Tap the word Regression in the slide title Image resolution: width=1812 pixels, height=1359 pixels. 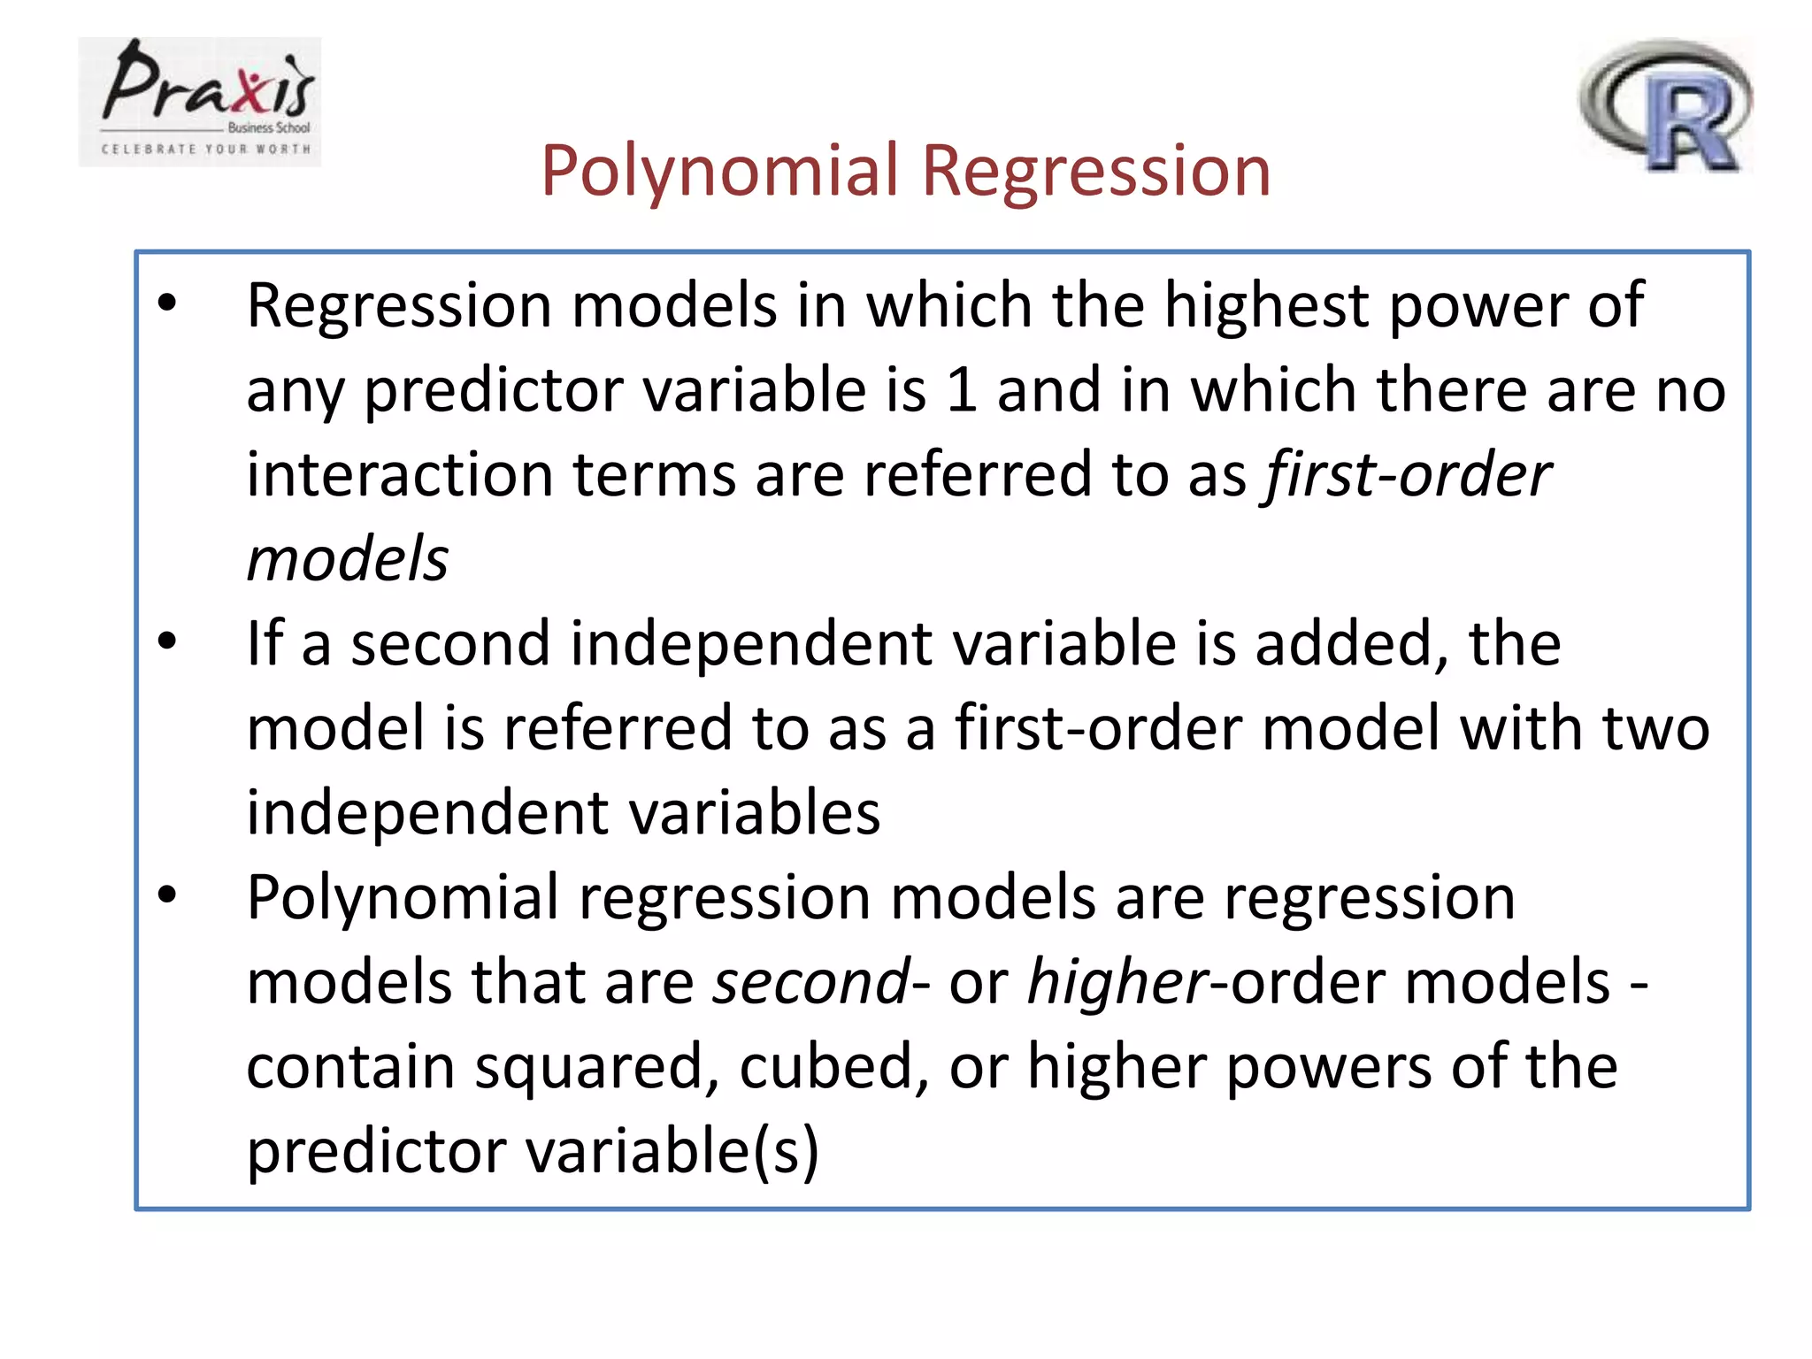tap(1096, 170)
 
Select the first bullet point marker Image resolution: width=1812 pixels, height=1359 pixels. tap(167, 304)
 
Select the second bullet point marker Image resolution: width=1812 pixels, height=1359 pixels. tap(167, 642)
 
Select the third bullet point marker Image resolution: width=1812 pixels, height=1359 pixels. tap(167, 896)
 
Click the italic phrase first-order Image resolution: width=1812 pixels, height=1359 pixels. tap(1407, 474)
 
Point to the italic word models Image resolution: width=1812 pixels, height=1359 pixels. tap(348, 559)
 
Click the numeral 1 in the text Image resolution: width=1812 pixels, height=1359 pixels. tap(961, 390)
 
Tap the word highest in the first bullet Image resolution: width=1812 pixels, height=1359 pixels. tap(1265, 305)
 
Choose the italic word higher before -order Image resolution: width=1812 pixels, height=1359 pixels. tap(1116, 982)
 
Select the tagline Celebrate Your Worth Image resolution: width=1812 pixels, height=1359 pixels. tap(206, 149)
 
